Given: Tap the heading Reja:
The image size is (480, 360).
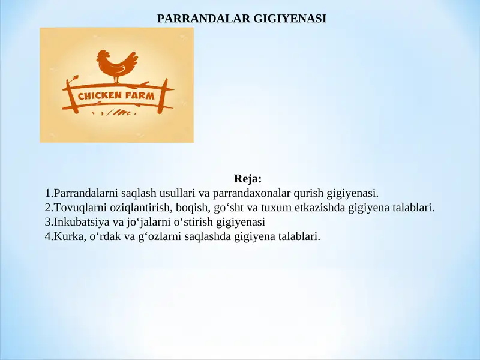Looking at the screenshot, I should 248,179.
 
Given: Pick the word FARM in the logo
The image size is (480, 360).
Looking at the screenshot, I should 140,95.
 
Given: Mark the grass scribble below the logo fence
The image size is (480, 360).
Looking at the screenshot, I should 117,112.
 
